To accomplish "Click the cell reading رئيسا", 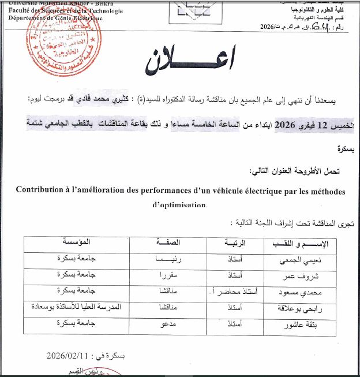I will (167, 259).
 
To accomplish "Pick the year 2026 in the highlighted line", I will (286, 125).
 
